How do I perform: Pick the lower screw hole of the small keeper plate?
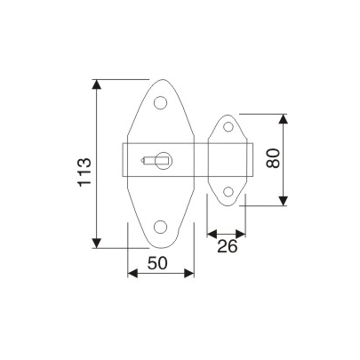tap(228, 190)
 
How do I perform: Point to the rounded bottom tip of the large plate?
tap(161, 247)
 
